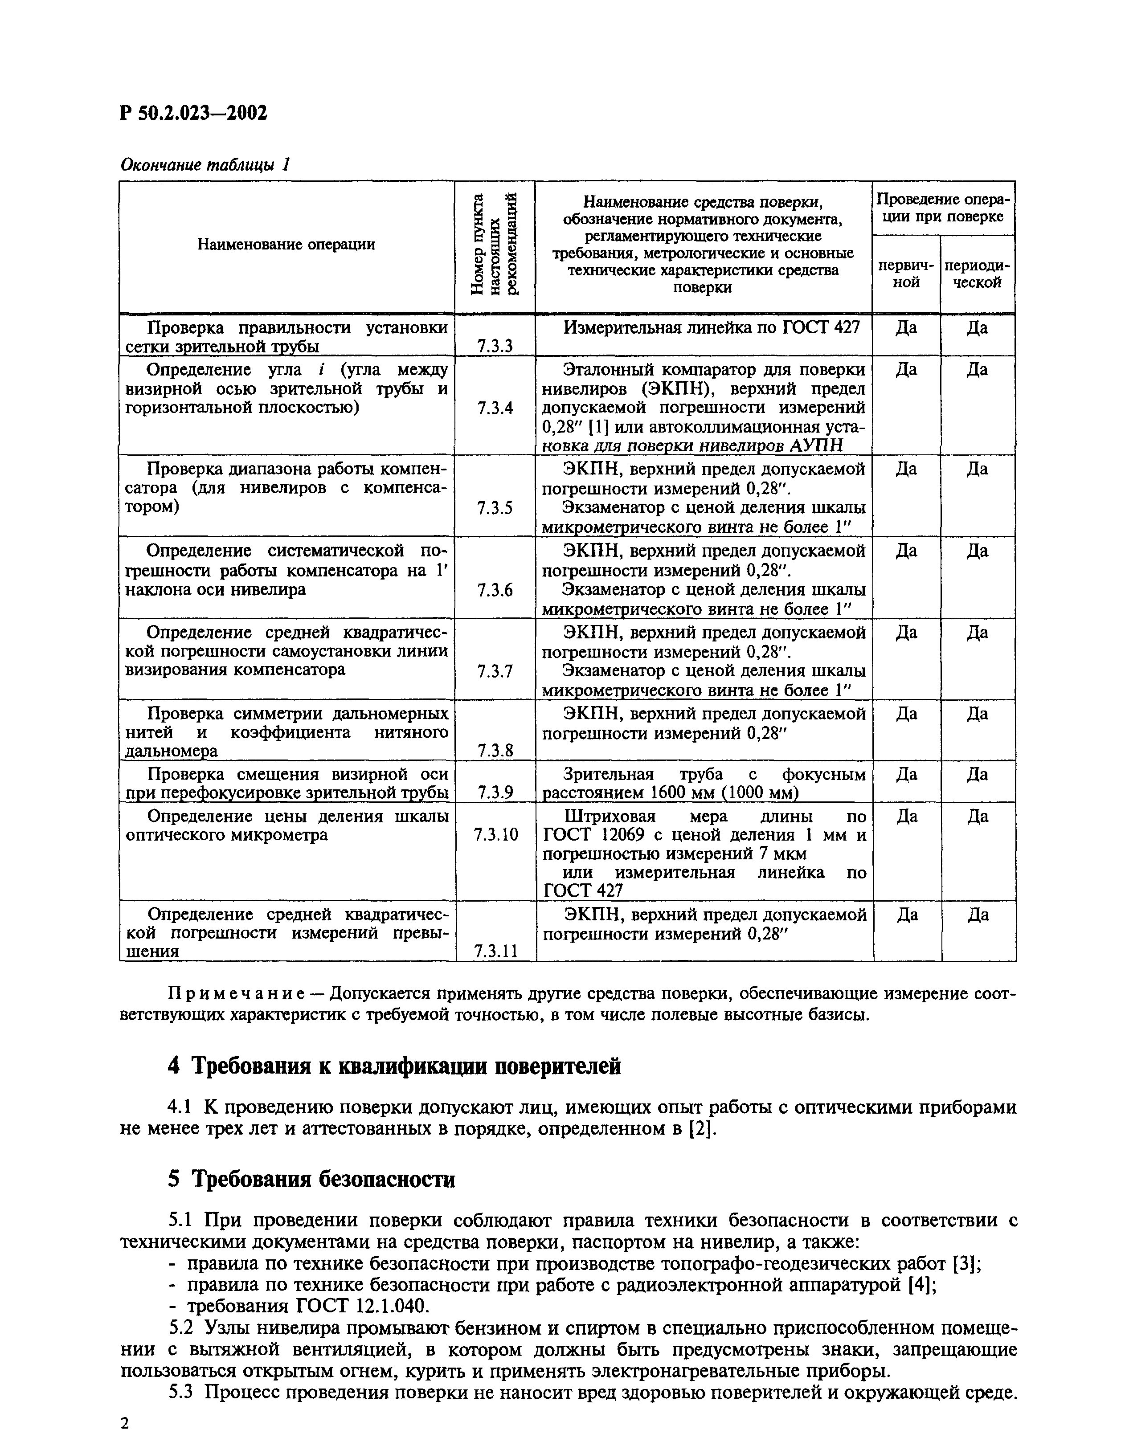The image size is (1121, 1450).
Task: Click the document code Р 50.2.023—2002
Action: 193,113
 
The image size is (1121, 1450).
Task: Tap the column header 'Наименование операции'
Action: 286,244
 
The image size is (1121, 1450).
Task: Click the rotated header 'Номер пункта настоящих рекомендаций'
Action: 494,244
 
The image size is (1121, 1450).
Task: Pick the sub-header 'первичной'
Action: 906,273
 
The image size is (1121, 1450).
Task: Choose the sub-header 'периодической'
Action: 977,273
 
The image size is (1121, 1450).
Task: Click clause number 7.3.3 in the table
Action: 495,345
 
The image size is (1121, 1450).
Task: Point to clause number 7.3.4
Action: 495,408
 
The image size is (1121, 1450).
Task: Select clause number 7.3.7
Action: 495,671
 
